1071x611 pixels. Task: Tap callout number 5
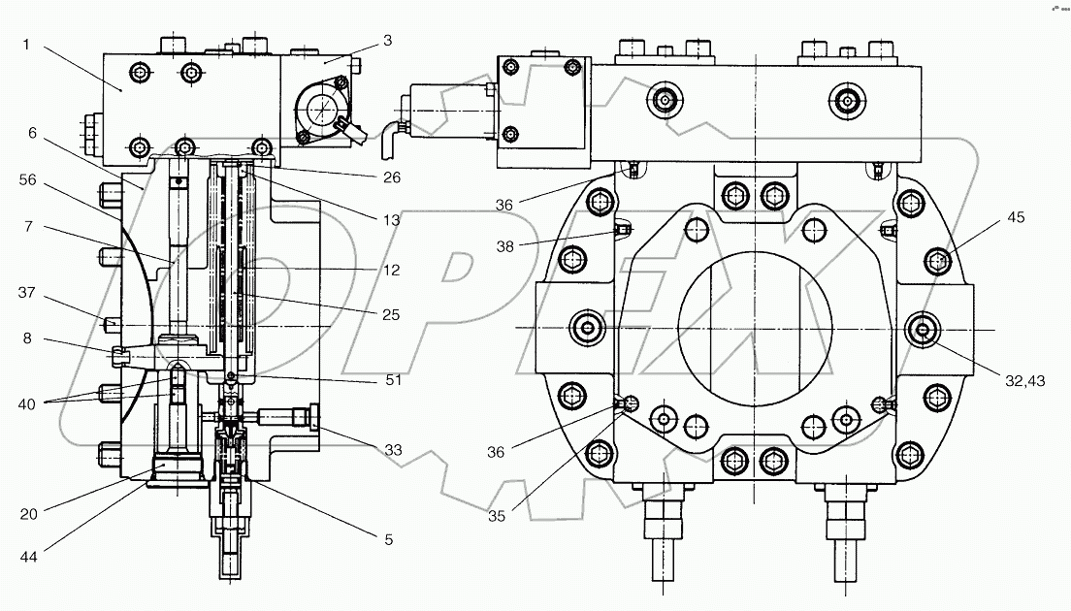point(388,538)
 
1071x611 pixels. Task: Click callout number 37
point(26,292)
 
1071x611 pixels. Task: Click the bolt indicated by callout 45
point(936,260)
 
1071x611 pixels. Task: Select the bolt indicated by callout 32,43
point(922,330)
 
